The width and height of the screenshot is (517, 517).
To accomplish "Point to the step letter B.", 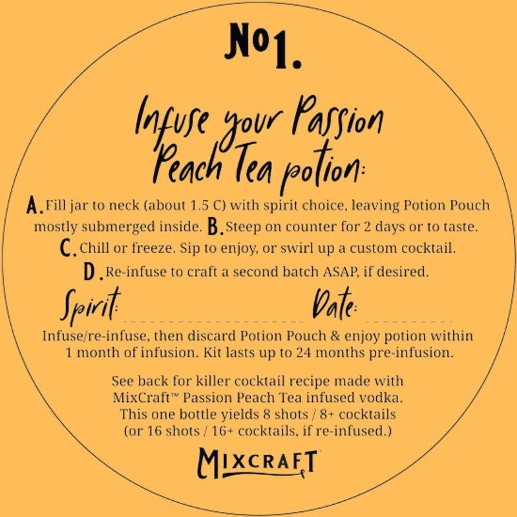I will point(216,227).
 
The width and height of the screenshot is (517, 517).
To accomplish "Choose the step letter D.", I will point(92,272).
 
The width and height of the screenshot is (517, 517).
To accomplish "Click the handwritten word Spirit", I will point(90,307).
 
